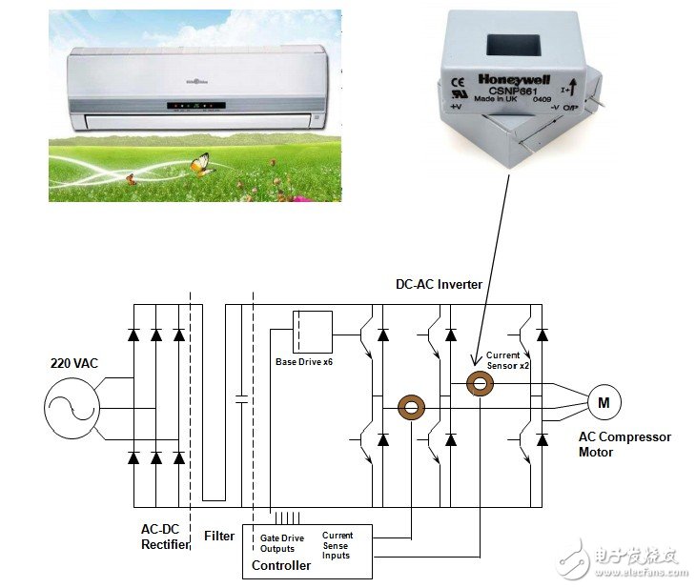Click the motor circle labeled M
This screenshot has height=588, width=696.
point(604,402)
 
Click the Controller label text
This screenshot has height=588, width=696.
point(281,565)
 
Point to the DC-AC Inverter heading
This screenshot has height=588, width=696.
point(440,285)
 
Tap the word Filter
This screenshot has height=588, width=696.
point(219,537)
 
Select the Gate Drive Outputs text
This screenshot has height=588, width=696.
point(283,543)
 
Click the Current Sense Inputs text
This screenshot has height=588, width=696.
point(338,545)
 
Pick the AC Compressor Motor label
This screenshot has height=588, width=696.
point(624,444)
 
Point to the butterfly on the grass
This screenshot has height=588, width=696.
point(200,164)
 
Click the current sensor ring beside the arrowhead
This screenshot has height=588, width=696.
point(480,383)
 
